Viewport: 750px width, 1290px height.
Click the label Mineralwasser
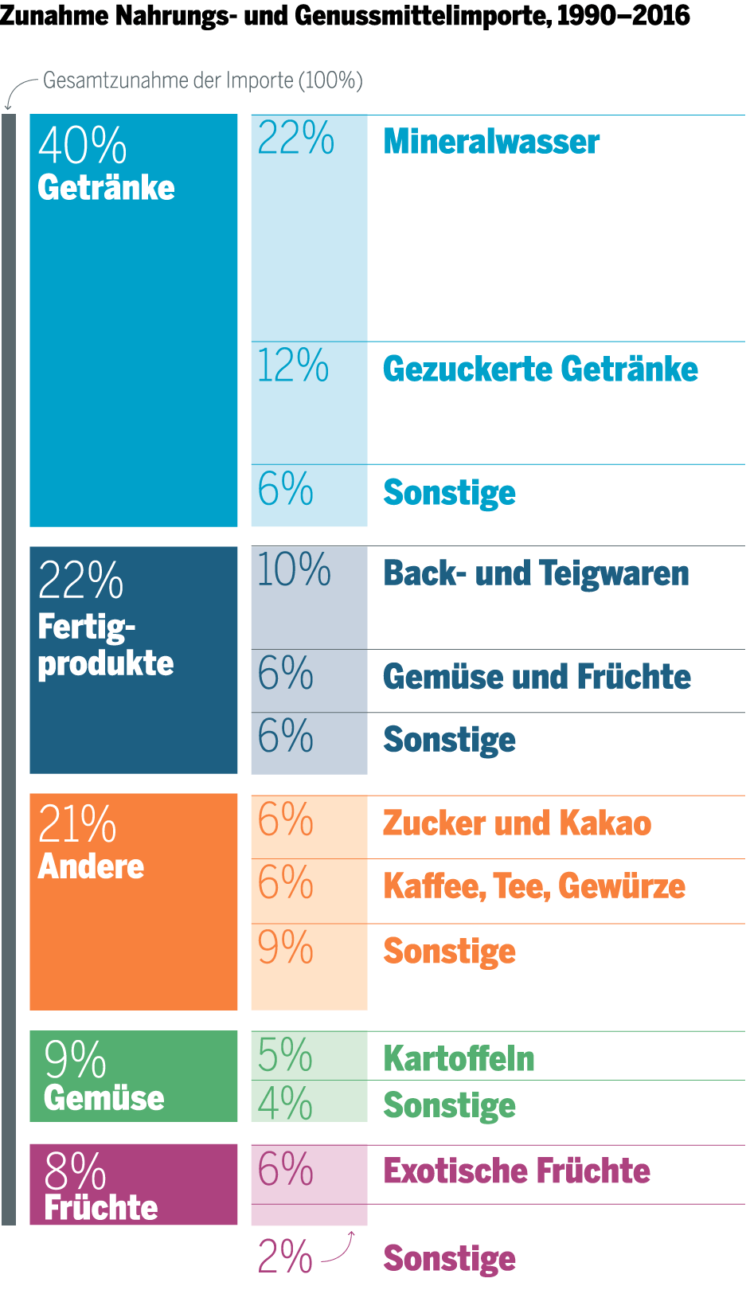[x=491, y=142]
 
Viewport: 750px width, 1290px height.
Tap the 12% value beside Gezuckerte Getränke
[x=293, y=366]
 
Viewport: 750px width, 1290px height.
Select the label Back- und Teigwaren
[x=536, y=573]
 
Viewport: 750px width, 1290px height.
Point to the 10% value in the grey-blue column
[x=294, y=570]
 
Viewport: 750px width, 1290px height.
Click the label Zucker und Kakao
[x=517, y=823]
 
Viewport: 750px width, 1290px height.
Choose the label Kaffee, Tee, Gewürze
[x=533, y=886]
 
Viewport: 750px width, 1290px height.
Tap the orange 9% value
[x=285, y=948]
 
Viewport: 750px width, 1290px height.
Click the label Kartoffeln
[x=459, y=1059]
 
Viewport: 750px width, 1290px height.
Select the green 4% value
[x=285, y=1104]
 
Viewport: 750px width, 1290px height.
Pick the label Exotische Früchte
[x=517, y=1171]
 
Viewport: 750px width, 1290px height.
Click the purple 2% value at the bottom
[x=285, y=1257]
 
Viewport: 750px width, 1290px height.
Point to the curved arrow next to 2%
[x=339, y=1247]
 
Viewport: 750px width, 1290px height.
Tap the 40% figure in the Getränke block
[x=83, y=146]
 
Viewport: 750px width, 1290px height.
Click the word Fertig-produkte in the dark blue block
[x=105, y=645]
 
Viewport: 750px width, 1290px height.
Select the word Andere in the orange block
[x=92, y=866]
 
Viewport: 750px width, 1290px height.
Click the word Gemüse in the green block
[x=104, y=1098]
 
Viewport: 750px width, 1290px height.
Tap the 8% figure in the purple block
[x=75, y=1171]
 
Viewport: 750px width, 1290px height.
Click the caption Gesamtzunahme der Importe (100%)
[x=203, y=80]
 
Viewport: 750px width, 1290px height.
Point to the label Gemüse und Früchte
[x=537, y=677]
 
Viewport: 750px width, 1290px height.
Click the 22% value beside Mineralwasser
[x=295, y=139]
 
